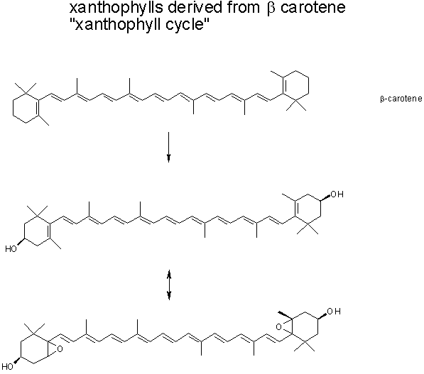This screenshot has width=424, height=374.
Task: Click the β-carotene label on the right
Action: click(x=401, y=99)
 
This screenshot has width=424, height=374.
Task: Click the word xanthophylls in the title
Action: click(x=116, y=7)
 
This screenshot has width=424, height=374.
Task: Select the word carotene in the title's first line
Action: click(x=313, y=7)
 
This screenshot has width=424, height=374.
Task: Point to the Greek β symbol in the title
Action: click(x=271, y=8)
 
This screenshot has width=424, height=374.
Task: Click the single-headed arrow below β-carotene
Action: click(x=169, y=147)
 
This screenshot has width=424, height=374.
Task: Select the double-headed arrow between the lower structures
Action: click(x=169, y=285)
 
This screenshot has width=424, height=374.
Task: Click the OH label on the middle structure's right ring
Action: click(x=337, y=194)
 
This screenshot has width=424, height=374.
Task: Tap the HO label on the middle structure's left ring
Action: click(x=11, y=249)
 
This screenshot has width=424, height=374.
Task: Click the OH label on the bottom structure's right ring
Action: click(x=334, y=312)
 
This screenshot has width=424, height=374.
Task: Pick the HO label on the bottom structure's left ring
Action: click(x=8, y=367)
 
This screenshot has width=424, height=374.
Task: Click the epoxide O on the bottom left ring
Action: click(x=60, y=349)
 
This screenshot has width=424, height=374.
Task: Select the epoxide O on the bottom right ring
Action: click(x=278, y=327)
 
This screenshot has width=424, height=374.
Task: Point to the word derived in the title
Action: click(x=195, y=7)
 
